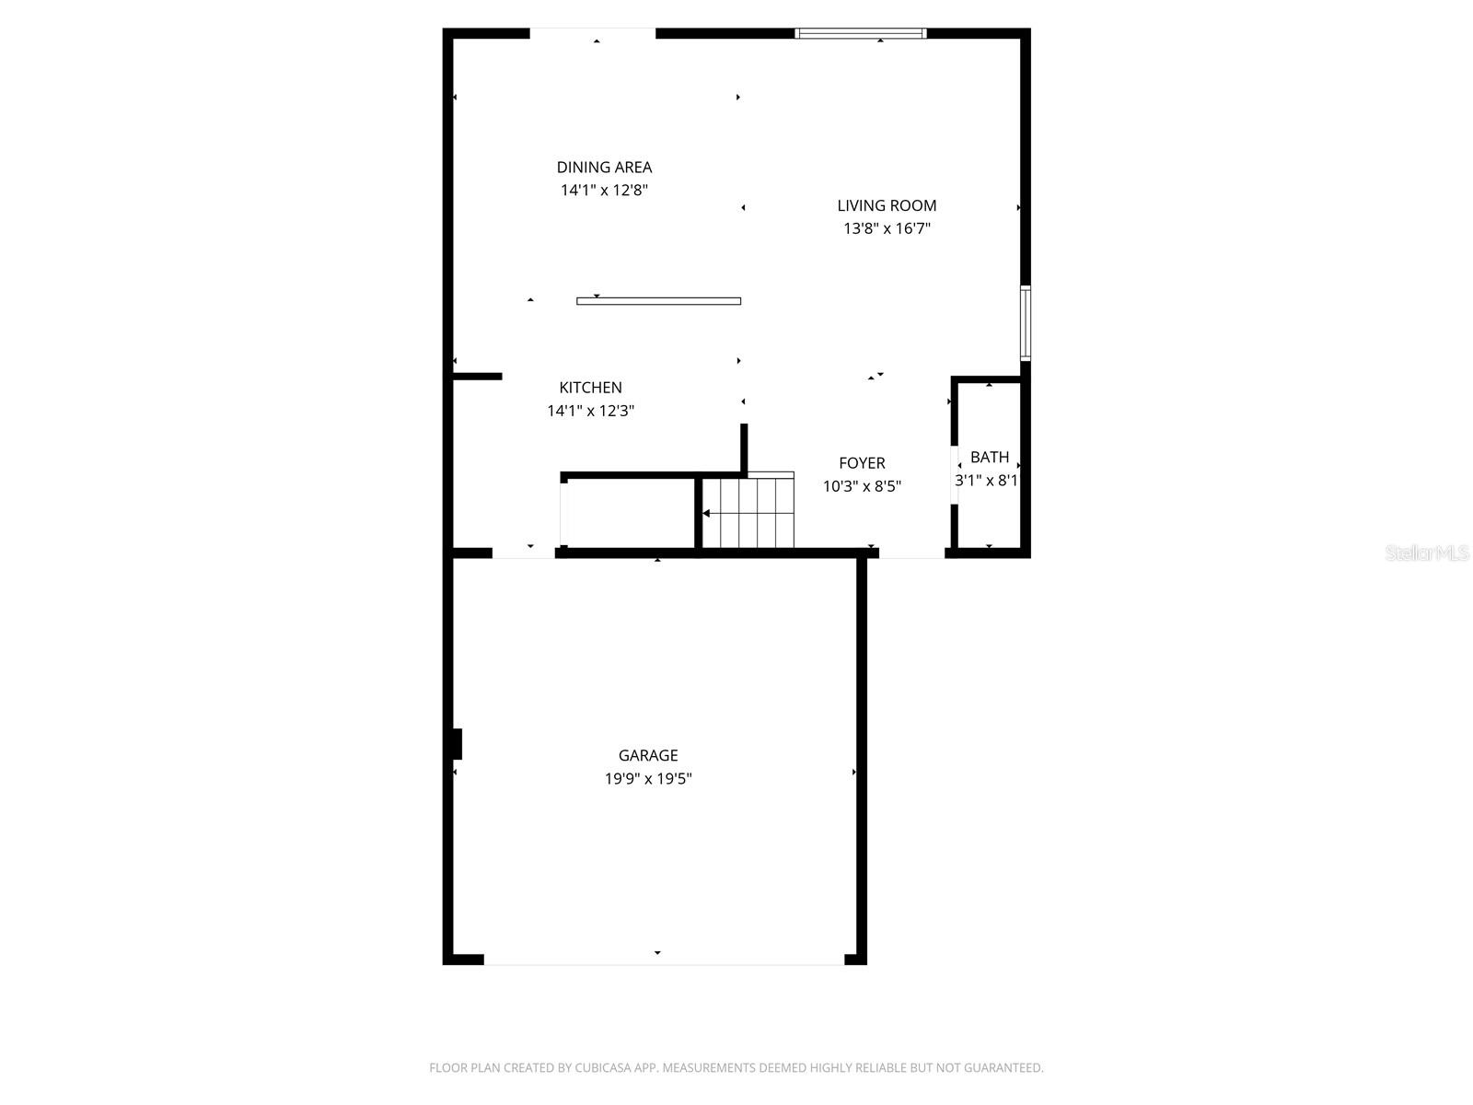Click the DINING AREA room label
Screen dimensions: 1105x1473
click(x=604, y=168)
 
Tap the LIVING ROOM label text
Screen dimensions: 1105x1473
click(x=887, y=206)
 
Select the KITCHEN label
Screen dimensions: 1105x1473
click(x=590, y=388)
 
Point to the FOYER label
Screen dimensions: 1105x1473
click(x=862, y=463)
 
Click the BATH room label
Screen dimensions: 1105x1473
click(x=990, y=458)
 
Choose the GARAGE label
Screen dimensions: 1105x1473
click(x=648, y=756)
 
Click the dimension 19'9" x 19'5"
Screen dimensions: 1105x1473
click(x=648, y=779)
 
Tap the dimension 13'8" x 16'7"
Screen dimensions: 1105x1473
click(x=887, y=229)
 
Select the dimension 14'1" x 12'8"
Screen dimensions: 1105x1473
click(x=604, y=191)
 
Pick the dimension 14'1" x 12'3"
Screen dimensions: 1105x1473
click(x=590, y=411)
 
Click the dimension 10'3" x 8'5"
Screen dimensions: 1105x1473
click(x=862, y=486)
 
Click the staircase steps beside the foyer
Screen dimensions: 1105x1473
click(x=748, y=513)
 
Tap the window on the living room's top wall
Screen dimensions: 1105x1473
click(x=860, y=34)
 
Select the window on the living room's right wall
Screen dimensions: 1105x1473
click(x=1025, y=322)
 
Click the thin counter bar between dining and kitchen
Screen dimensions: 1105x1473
click(x=658, y=301)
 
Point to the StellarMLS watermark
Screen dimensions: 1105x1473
click(x=1426, y=553)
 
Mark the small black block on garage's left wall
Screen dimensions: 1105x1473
click(x=457, y=744)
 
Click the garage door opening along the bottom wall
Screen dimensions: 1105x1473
click(x=663, y=962)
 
